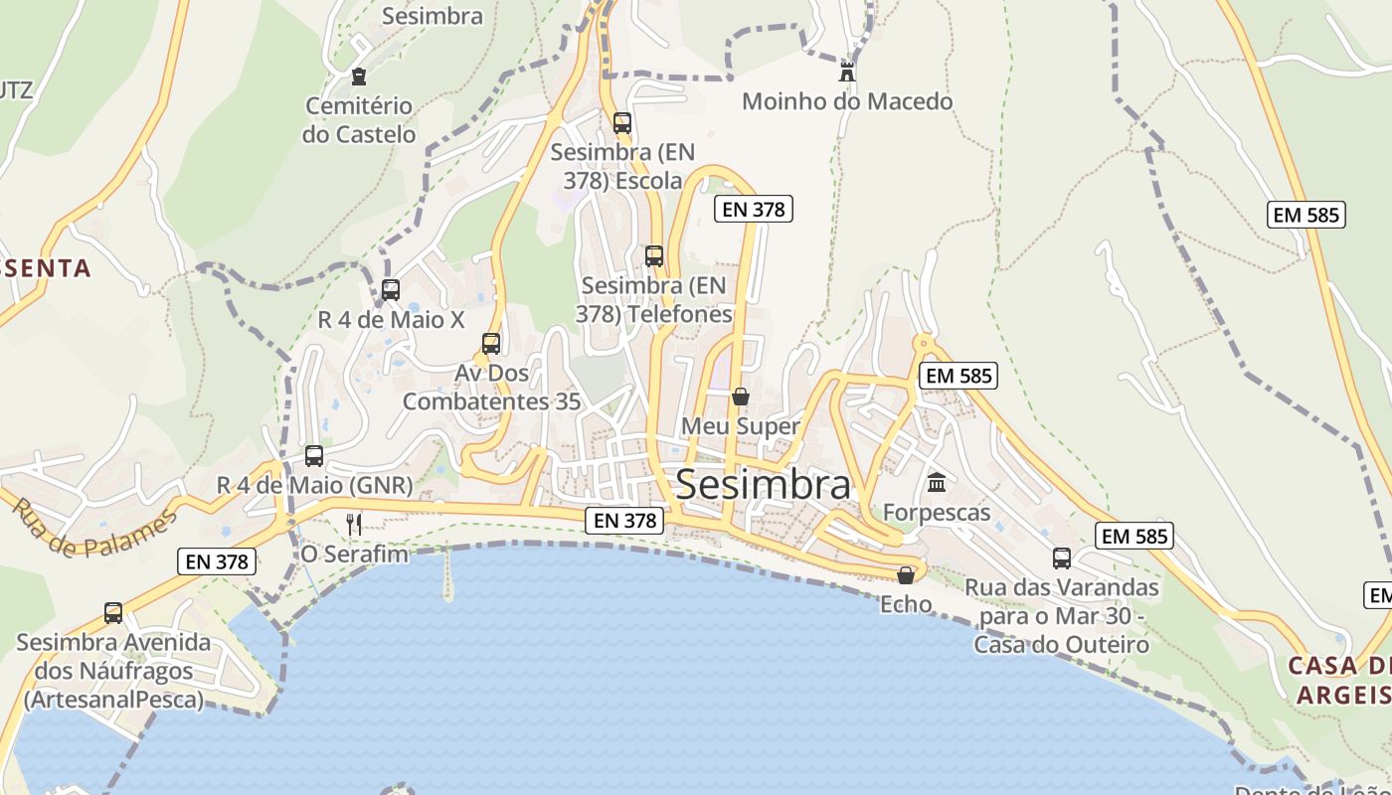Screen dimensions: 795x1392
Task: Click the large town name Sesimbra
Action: [x=763, y=485]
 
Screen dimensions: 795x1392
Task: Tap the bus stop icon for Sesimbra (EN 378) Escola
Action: [x=622, y=123]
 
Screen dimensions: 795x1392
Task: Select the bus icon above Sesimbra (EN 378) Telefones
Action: [x=654, y=256]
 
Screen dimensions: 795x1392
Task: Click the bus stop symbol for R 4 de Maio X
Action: [x=391, y=290]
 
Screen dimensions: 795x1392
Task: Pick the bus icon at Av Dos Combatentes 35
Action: [x=491, y=344]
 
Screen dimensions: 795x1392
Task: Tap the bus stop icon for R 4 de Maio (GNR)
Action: [x=314, y=456]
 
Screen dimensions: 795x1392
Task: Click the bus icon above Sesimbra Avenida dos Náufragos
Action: [x=113, y=613]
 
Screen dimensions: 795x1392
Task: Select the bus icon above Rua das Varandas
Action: [x=1062, y=558]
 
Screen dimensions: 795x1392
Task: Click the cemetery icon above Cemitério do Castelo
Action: [x=359, y=77]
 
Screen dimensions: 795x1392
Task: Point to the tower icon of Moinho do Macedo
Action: [x=847, y=72]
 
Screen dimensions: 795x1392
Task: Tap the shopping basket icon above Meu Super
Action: [x=741, y=397]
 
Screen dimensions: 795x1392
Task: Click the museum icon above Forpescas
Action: [x=937, y=483]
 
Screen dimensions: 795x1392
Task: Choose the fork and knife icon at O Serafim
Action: [x=353, y=524]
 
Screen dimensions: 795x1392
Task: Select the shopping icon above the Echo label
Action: [x=906, y=575]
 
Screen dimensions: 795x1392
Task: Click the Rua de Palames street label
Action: [x=94, y=528]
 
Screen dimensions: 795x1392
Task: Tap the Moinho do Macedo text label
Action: [x=847, y=101]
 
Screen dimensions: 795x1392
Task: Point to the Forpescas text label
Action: [x=937, y=513]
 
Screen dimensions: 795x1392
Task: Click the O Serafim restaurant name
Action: [x=354, y=554]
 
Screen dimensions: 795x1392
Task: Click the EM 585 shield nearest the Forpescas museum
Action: [x=958, y=376]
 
